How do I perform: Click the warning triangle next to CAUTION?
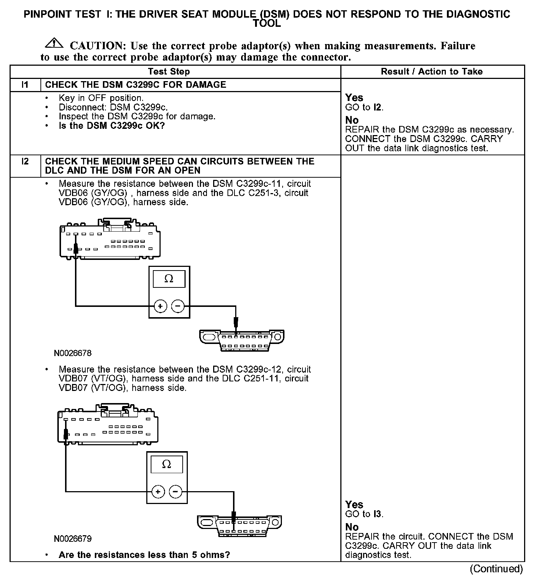click(x=53, y=43)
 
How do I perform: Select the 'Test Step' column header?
click(x=169, y=72)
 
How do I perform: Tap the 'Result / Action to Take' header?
click(x=431, y=72)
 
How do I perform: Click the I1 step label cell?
click(x=25, y=85)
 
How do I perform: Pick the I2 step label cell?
click(x=25, y=162)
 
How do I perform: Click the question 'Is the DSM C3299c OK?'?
click(x=112, y=126)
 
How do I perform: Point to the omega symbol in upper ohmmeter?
click(x=169, y=279)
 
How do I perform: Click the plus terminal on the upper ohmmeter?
click(x=160, y=306)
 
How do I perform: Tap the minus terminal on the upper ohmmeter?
click(x=178, y=306)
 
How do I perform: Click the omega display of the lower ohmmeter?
click(x=166, y=465)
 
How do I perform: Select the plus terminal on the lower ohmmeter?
click(x=158, y=492)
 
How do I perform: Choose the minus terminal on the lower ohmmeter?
click(x=176, y=492)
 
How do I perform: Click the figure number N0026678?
click(x=72, y=353)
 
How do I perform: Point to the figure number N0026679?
click(x=72, y=539)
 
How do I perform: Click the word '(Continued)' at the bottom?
click(x=496, y=569)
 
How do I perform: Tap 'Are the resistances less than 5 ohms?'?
click(x=144, y=555)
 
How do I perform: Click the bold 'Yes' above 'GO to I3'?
click(x=354, y=505)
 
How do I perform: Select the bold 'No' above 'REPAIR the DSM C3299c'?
click(x=352, y=120)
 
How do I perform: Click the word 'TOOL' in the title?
click(x=267, y=24)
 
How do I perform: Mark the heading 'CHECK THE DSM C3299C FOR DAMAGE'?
click(x=135, y=85)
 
